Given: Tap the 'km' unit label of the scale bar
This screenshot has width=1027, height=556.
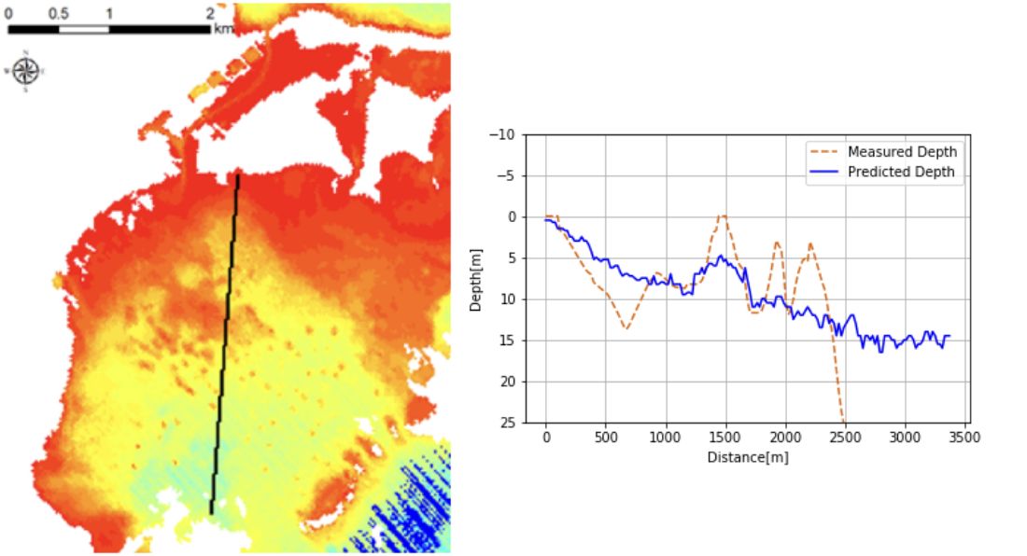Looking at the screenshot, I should [223, 29].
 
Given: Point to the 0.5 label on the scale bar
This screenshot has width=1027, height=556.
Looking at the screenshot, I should [58, 13].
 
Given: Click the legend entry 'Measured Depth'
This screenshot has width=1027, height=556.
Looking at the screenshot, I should [902, 152].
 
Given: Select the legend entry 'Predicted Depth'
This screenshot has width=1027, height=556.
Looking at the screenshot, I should [901, 172].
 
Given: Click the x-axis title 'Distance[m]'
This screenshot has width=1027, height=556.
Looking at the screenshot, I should [748, 457].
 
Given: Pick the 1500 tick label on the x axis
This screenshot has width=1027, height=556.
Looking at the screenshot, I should [725, 437].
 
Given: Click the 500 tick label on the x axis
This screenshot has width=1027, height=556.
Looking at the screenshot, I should [606, 437].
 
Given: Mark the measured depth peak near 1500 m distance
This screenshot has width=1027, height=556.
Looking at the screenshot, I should [722, 215].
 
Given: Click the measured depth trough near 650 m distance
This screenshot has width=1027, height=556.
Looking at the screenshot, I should [626, 328].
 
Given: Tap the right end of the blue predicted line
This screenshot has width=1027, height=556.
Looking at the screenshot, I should [950, 336].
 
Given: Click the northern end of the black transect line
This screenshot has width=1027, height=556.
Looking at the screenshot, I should [238, 175].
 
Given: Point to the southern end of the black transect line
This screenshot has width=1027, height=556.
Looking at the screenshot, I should [211, 512].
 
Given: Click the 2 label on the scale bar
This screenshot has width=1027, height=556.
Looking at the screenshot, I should [210, 13].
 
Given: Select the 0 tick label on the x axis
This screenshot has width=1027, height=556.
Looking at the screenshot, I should [546, 437].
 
